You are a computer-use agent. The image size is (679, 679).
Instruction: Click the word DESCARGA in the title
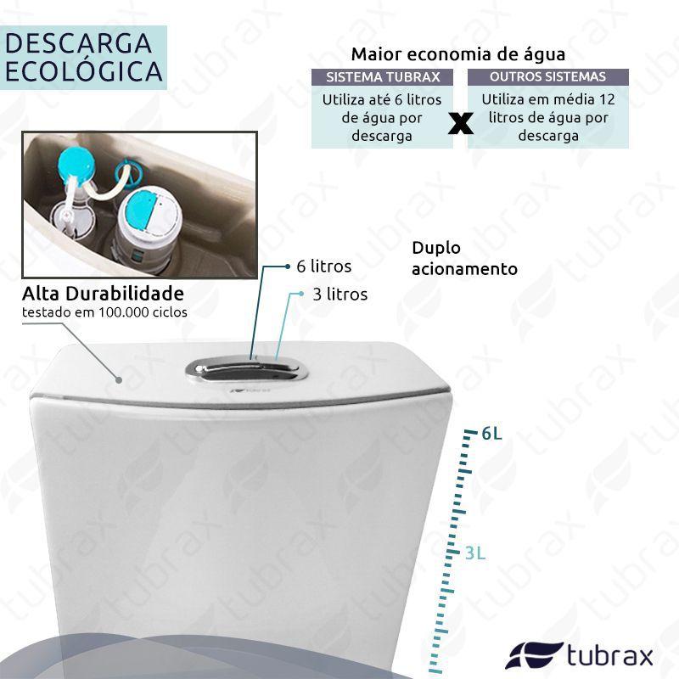pyautogui.click(x=78, y=43)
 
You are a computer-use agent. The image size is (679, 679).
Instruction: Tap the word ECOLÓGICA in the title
pyautogui.click(x=84, y=71)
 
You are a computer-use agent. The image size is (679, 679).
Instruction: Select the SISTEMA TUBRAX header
pyautogui.click(x=383, y=77)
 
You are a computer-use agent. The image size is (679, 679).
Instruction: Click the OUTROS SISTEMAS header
pyautogui.click(x=547, y=76)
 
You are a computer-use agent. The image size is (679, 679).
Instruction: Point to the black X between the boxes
pyautogui.click(x=460, y=123)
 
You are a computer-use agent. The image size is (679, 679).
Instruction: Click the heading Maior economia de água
pyautogui.click(x=458, y=54)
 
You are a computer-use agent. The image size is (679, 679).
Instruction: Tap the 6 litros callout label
pyautogui.click(x=324, y=267)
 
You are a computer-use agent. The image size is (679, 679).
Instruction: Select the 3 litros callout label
pyautogui.click(x=340, y=295)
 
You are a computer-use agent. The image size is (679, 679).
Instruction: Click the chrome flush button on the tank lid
pyautogui.click(x=246, y=370)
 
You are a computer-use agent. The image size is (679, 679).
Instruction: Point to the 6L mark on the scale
pyautogui.click(x=491, y=433)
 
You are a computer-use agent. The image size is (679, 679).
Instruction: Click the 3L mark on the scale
pyautogui.click(x=475, y=553)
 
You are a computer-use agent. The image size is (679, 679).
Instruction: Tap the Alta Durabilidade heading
pyautogui.click(x=103, y=294)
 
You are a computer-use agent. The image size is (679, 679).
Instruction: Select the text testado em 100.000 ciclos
pyautogui.click(x=104, y=312)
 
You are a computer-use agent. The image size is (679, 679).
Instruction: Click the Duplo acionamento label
pyautogui.click(x=464, y=259)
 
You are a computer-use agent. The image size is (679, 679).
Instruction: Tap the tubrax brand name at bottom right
pyautogui.click(x=610, y=655)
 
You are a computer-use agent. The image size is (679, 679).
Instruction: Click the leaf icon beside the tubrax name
pyautogui.click(x=534, y=655)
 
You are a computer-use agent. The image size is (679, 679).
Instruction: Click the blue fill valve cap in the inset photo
pyautogui.click(x=76, y=166)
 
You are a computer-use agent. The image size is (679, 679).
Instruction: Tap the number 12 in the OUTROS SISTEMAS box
pyautogui.click(x=607, y=99)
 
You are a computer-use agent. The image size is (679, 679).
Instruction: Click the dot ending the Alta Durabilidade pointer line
pyautogui.click(x=119, y=379)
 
